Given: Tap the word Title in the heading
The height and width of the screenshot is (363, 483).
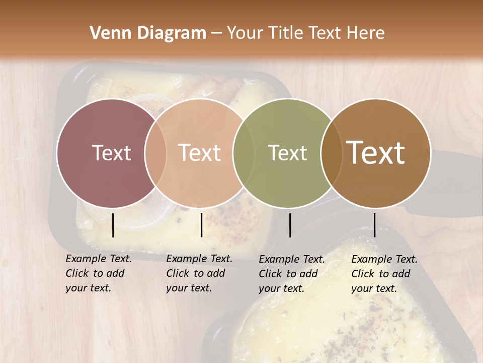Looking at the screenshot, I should click(285, 33).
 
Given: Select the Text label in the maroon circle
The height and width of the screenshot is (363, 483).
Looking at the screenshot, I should click(111, 153).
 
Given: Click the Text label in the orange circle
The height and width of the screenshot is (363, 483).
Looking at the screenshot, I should click(200, 153).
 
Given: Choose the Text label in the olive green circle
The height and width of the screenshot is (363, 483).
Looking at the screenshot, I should click(288, 153).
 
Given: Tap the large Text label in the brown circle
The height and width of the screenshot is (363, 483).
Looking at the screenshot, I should click(376, 153).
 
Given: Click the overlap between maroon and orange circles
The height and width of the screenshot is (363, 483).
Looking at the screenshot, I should click(155, 153).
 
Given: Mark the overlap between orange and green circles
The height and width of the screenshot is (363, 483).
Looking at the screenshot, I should click(244, 153).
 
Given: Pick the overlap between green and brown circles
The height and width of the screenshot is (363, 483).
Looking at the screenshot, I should click(332, 153).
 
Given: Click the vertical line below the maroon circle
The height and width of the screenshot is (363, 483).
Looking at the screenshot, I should click(113, 225).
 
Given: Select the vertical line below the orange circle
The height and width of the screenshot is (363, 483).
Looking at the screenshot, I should click(201, 225).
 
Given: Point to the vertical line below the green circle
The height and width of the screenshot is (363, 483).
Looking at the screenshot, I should click(290, 225).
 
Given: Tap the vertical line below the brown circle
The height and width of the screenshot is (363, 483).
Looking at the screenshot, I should click(374, 225).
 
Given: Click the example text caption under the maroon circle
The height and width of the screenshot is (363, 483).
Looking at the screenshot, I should click(99, 273).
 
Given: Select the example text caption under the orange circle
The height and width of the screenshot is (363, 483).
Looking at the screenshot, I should click(199, 273).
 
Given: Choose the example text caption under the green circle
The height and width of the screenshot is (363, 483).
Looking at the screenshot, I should click(292, 274).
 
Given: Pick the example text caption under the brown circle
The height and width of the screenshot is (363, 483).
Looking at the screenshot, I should click(384, 274).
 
